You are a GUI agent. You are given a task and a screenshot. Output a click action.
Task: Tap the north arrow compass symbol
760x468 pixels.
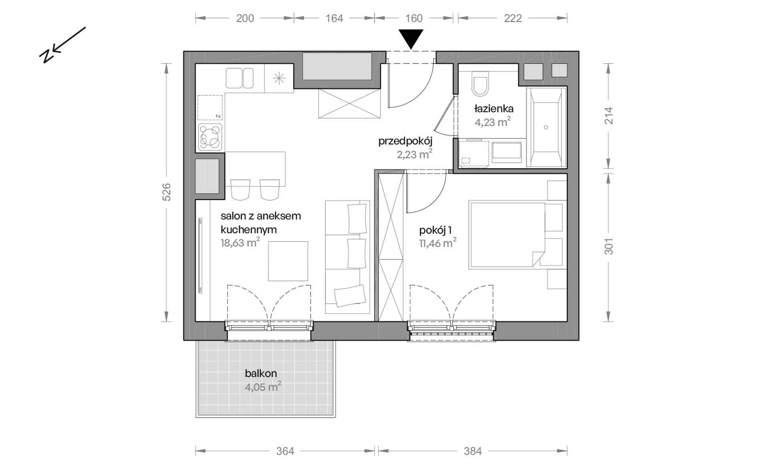point(62,45)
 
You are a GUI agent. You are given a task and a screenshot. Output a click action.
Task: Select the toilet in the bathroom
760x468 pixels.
point(480,84)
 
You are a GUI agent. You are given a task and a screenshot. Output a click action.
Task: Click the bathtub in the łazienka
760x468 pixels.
point(546,127)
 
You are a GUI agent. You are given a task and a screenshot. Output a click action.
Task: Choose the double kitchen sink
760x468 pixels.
point(240,78)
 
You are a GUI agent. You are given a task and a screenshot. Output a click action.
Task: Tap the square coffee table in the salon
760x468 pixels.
point(288,261)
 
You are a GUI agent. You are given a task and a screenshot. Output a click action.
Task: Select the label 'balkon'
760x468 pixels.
point(261,373)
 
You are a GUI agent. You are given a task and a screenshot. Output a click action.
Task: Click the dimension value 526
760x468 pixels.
point(166,192)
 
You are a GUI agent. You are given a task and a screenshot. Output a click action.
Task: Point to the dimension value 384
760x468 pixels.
point(472,451)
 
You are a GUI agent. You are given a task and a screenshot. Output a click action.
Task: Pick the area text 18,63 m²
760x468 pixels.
point(240,242)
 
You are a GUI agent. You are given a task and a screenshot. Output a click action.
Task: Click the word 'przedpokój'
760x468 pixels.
point(406,141)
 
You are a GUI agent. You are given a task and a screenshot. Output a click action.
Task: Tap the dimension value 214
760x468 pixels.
point(608,116)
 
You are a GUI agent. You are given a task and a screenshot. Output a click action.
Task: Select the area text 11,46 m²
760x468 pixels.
point(438,243)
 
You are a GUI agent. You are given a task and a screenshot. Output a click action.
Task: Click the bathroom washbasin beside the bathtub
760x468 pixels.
point(507,151)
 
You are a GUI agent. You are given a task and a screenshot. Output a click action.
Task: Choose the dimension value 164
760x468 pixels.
point(334,18)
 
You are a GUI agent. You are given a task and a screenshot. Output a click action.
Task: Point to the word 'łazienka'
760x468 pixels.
point(494,108)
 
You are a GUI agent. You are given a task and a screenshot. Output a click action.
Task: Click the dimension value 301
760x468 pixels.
point(608,246)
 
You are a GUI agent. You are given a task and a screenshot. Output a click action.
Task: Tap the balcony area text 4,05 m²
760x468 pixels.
point(263,387)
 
